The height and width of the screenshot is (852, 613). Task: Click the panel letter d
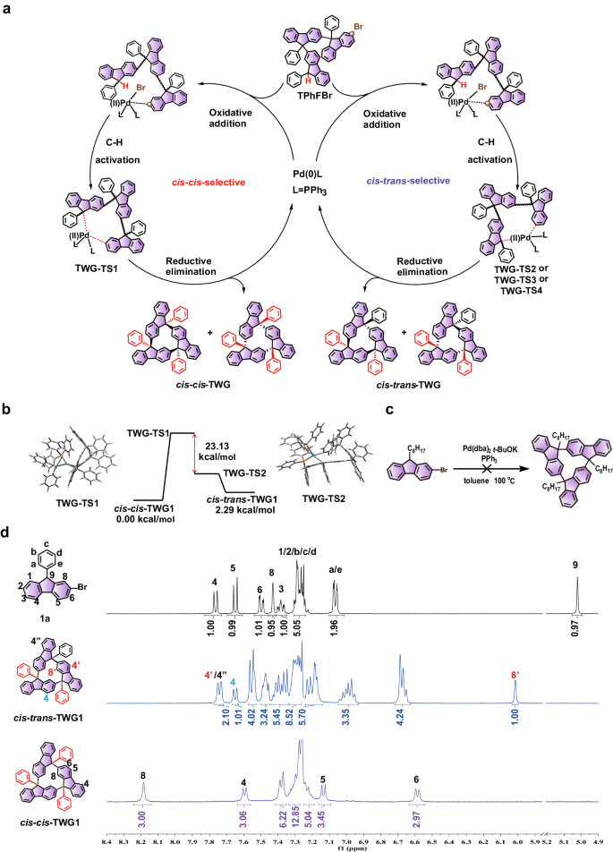tap(7, 533)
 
